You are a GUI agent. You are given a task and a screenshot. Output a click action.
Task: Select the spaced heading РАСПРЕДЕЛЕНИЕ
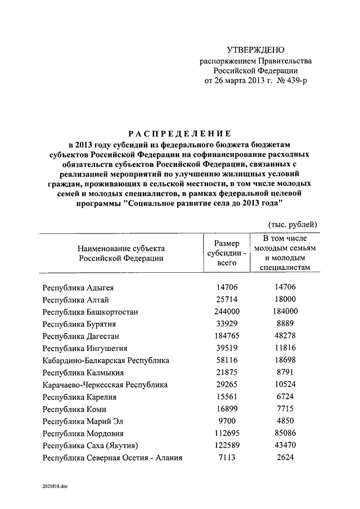point(179,133)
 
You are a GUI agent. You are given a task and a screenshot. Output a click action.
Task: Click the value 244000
point(227,312)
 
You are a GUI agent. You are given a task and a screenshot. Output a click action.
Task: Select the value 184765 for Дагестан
point(227,336)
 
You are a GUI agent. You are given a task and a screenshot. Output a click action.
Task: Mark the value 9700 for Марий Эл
point(227,421)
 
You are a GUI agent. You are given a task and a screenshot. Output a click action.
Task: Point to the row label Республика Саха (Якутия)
point(91,446)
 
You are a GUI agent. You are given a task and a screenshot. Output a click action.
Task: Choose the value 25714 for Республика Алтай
point(227,299)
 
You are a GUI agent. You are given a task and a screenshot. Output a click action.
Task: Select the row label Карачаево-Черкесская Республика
point(105,385)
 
